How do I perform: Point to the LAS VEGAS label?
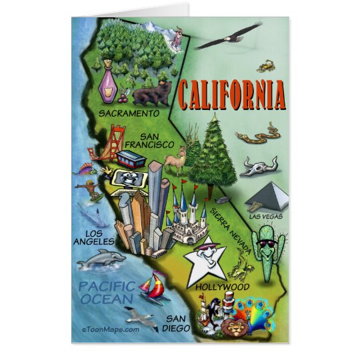[267, 216]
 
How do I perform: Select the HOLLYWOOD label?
[223, 287]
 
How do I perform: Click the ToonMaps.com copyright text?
[111, 328]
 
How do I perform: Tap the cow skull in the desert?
[259, 165]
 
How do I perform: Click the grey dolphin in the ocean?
[101, 259]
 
